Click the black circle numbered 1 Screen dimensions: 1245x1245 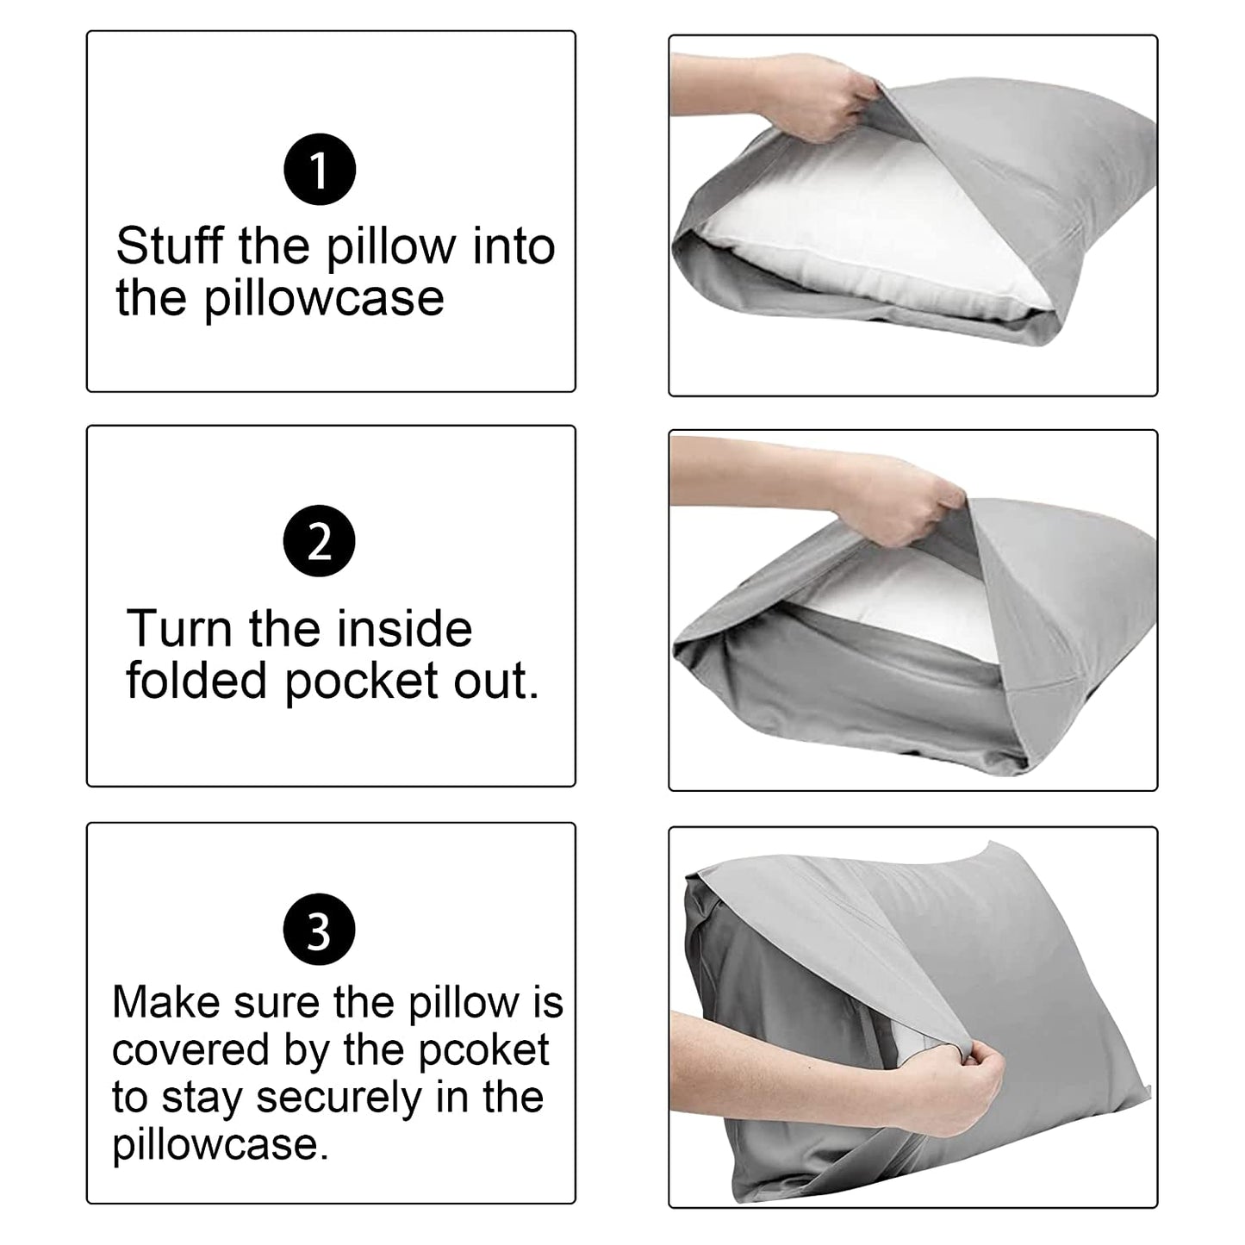point(320,170)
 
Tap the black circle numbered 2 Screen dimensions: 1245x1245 point(319,541)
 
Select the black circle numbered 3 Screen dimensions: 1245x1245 point(319,931)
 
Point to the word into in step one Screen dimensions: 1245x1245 point(514,246)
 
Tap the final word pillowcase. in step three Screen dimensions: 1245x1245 point(221,1145)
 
